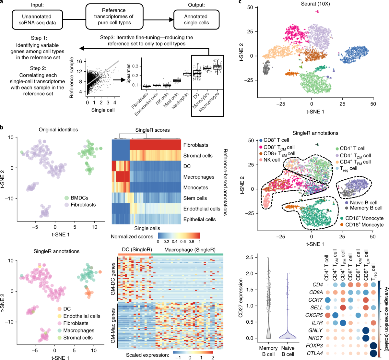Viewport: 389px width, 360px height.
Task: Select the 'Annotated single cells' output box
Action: pyautogui.click(x=196, y=19)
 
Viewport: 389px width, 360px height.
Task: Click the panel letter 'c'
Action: pyautogui.click(x=240, y=3)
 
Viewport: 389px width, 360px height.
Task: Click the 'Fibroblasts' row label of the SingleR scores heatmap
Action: pyautogui.click(x=195, y=145)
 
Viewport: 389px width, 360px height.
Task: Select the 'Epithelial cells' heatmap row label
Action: pyautogui.click(x=199, y=219)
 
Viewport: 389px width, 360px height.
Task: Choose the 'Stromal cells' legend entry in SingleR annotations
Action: pyautogui.click(x=78, y=338)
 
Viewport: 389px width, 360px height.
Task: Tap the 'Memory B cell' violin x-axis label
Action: pyautogui.click(x=268, y=351)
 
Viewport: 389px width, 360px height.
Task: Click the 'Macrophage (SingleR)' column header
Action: pyautogui.click(x=190, y=249)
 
